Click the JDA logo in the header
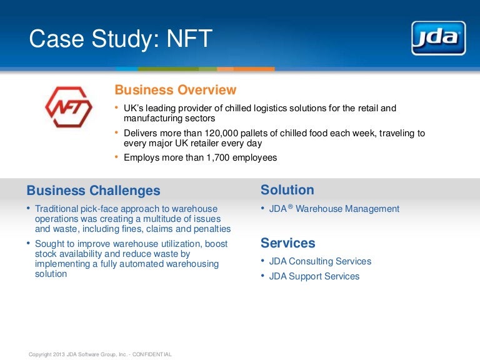pos(438,38)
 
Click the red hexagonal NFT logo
pos(68,107)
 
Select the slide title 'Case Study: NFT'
pos(121,39)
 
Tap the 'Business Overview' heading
pos(176,90)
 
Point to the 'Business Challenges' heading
pos(93,191)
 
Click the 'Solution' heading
pos(287,190)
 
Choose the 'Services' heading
pos(287,243)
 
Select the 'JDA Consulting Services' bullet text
pos(320,261)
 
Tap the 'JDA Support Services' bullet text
pos(314,276)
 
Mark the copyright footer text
pos(100,354)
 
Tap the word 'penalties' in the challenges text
pos(210,229)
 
